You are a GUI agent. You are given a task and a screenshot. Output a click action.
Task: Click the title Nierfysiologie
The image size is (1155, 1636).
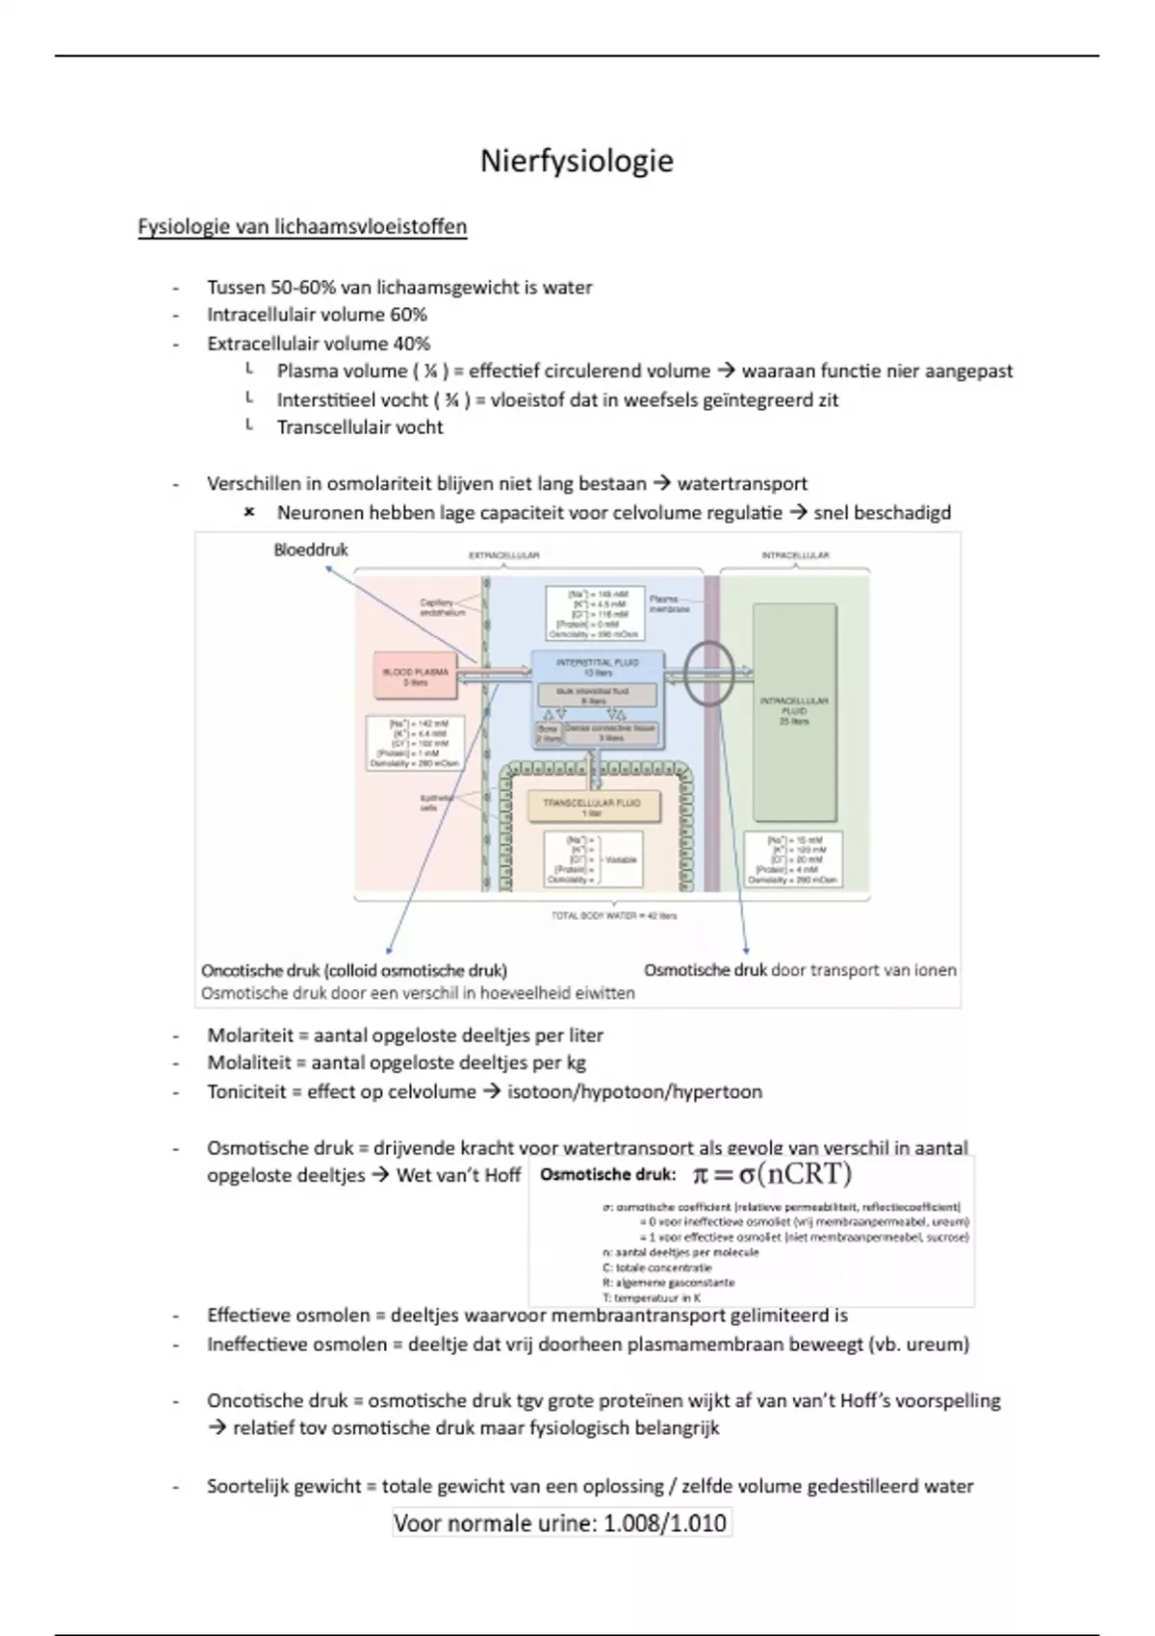tap(577, 161)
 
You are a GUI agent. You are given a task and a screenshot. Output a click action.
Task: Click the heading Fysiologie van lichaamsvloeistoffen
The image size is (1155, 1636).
tap(302, 227)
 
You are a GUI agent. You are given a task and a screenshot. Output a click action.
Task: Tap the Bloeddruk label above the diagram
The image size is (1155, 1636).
tap(311, 550)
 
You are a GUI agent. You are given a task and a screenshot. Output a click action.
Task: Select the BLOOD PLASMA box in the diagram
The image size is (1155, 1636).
tap(416, 677)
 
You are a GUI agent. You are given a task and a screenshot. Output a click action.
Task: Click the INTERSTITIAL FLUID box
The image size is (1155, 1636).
tap(598, 667)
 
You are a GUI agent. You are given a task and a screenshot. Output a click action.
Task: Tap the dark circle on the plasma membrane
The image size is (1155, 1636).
tap(709, 674)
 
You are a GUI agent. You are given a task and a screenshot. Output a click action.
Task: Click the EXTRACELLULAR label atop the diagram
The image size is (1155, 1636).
tap(503, 555)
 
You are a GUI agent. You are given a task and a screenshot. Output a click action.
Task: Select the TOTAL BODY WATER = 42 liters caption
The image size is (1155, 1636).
tap(613, 915)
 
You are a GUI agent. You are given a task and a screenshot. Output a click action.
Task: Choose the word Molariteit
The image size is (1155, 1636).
tap(248, 1035)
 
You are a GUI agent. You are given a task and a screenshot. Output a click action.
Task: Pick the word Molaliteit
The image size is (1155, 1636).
tap(247, 1063)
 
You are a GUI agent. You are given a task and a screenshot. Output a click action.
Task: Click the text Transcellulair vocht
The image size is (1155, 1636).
tap(360, 427)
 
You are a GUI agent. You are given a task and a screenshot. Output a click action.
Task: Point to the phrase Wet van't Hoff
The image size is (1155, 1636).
tap(458, 1175)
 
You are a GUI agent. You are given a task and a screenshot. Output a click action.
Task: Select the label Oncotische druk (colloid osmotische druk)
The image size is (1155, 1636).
tap(354, 970)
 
